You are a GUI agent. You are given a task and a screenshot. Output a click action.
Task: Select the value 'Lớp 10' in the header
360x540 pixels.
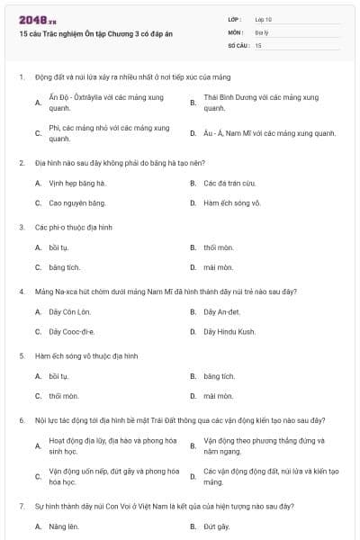pyautogui.click(x=264, y=19)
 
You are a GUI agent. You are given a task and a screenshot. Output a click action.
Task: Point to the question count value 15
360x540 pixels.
pyautogui.click(x=258, y=44)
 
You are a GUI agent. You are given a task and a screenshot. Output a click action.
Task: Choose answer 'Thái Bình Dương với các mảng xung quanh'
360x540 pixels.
pyautogui.click(x=261, y=102)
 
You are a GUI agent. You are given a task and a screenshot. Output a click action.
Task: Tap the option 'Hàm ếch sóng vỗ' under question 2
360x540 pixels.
pyautogui.click(x=232, y=202)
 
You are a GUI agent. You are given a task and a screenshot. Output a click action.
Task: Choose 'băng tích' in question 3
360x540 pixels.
pyautogui.click(x=65, y=267)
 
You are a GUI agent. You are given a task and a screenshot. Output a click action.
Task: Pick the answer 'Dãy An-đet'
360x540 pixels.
pyautogui.click(x=222, y=311)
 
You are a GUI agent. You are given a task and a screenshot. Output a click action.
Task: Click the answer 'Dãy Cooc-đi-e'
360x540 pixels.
pyautogui.click(x=72, y=331)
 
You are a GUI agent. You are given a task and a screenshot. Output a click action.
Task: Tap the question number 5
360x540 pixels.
pyautogui.click(x=21, y=355)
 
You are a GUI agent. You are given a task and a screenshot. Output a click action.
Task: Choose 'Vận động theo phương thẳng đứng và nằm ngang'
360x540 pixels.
pyautogui.click(x=265, y=445)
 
